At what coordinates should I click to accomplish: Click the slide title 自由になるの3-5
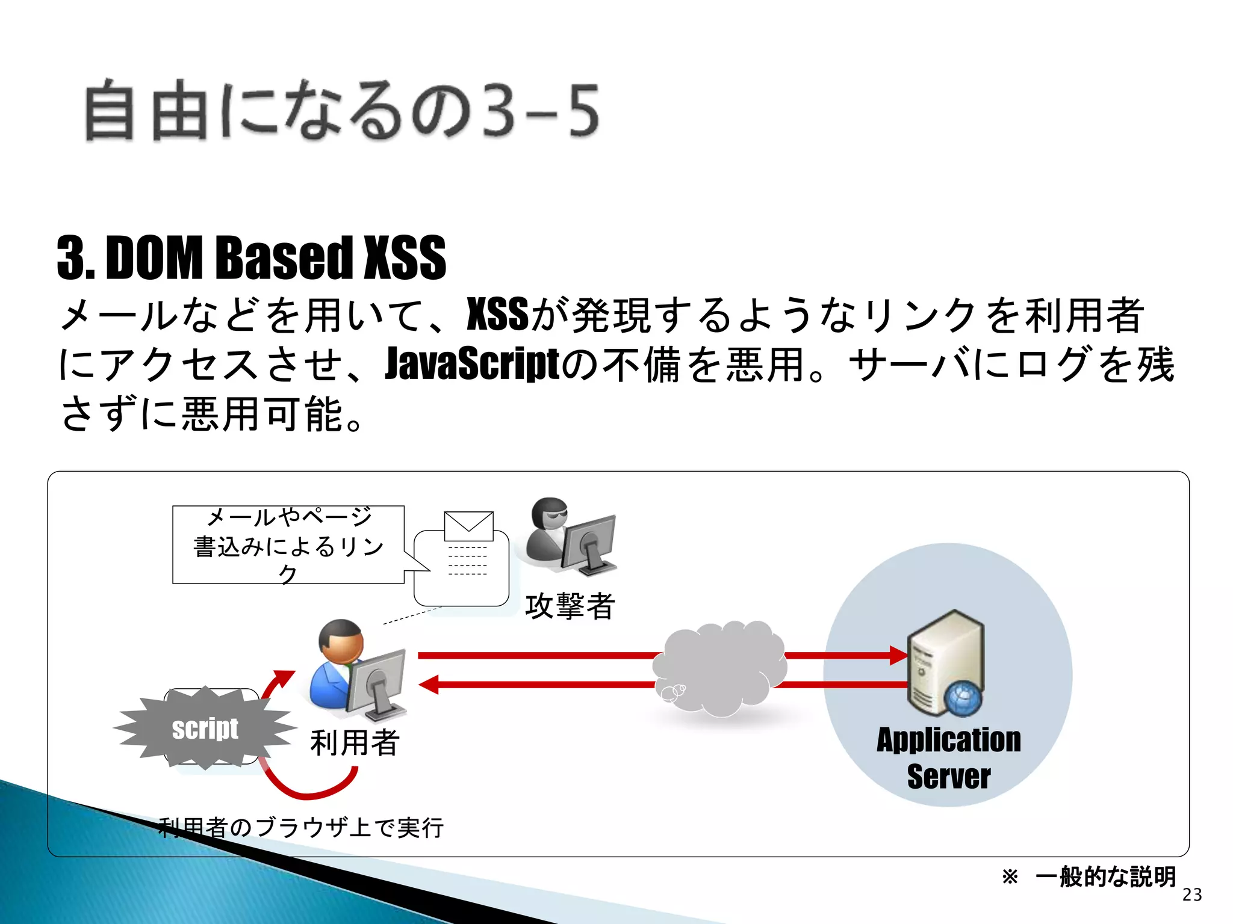coord(342,111)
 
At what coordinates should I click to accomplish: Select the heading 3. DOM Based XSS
coord(252,258)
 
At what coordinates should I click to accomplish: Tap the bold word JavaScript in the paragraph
coord(472,364)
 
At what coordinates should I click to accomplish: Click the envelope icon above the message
coord(468,526)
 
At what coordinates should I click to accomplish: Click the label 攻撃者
coord(570,606)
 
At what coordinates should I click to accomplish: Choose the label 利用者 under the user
coord(355,742)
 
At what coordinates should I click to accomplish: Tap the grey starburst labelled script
coord(205,728)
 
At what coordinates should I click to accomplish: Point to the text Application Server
coord(949,757)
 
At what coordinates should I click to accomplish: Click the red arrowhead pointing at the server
coord(898,655)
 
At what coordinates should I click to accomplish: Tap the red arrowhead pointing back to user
coord(429,685)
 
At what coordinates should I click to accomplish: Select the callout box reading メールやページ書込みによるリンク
coord(288,545)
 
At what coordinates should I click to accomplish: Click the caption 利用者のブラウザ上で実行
coord(301,828)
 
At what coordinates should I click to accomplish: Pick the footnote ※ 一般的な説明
coord(1089,876)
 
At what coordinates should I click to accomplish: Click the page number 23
coord(1192,895)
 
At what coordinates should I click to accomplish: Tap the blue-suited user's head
coord(341,641)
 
